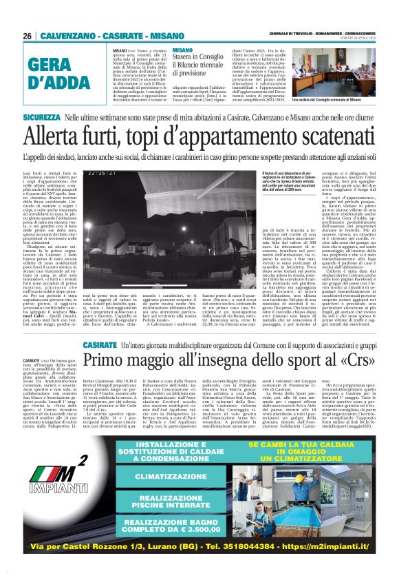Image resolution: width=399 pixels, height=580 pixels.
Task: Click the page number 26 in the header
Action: pos(27,35)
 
